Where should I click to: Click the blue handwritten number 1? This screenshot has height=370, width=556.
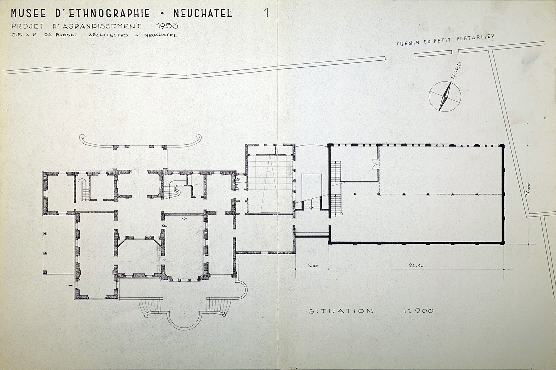pos(266,12)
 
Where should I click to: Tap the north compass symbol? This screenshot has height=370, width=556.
pos(445,96)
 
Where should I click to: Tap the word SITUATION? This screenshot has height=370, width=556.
pos(341,311)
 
